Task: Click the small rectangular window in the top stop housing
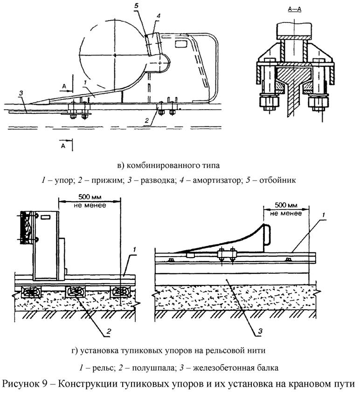click(181, 44)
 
